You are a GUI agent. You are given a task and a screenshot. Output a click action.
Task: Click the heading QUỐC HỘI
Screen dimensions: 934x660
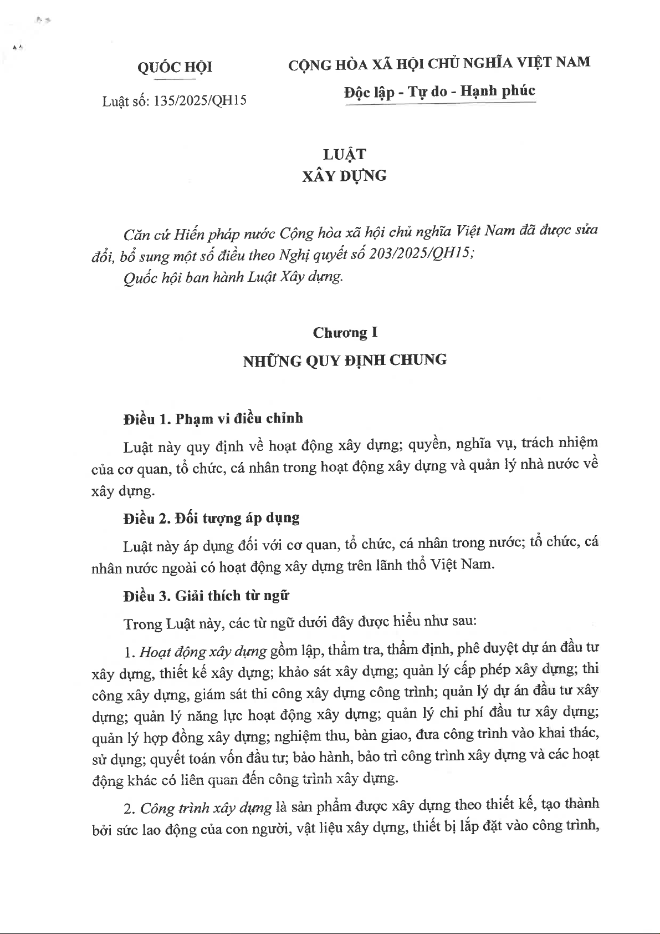tap(175, 68)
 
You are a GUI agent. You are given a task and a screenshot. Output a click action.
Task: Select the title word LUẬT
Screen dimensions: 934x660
tap(344, 154)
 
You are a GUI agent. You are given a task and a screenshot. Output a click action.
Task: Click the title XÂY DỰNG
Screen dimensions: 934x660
tap(344, 176)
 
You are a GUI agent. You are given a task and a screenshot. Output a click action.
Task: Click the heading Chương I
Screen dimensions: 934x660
tap(345, 333)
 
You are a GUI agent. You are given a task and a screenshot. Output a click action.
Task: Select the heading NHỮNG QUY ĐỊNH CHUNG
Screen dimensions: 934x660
tap(344, 361)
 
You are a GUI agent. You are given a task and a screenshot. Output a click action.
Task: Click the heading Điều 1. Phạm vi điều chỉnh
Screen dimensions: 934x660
tap(213, 419)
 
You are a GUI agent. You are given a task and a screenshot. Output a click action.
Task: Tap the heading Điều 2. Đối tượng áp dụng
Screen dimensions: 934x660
tap(211, 519)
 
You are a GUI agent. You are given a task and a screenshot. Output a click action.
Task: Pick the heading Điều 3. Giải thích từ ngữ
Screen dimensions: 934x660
tap(206, 596)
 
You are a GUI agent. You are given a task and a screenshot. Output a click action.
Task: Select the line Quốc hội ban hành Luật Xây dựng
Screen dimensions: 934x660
tap(233, 277)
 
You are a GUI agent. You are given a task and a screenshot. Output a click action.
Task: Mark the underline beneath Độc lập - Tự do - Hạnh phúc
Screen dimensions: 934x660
tap(440, 103)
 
